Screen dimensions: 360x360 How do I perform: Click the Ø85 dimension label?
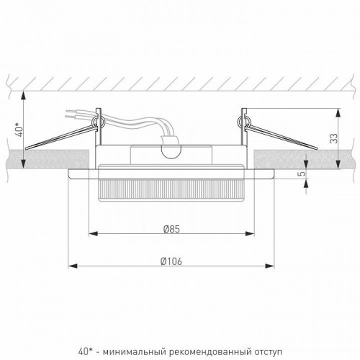pyautogui.click(x=171, y=230)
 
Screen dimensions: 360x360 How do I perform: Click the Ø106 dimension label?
pyautogui.click(x=171, y=261)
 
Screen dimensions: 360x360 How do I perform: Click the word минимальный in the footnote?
pyautogui.click(x=135, y=332)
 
